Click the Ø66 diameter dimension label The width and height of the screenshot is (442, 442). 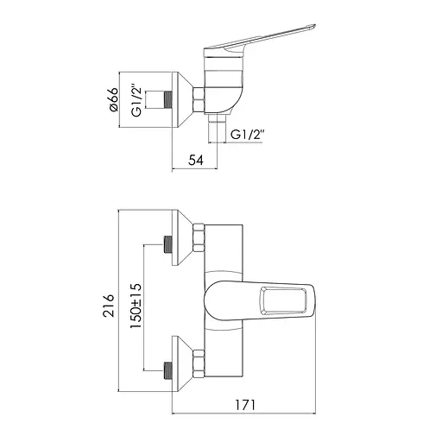pyautogui.click(x=114, y=99)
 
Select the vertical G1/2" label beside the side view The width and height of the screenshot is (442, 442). pyautogui.click(x=137, y=100)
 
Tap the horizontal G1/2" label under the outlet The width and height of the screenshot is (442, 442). pyautogui.click(x=248, y=135)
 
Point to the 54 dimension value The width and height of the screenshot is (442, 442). pyautogui.click(x=196, y=160)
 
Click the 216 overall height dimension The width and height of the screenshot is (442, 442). pyautogui.click(x=109, y=306)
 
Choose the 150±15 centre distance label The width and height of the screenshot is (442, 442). pyautogui.click(x=136, y=306)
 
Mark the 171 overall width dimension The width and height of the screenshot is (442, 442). pyautogui.click(x=245, y=406)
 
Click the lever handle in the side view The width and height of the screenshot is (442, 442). pyautogui.click(x=259, y=40)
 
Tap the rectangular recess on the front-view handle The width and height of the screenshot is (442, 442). pyautogui.click(x=282, y=300)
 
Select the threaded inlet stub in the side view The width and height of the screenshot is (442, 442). pyautogui.click(x=167, y=100)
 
